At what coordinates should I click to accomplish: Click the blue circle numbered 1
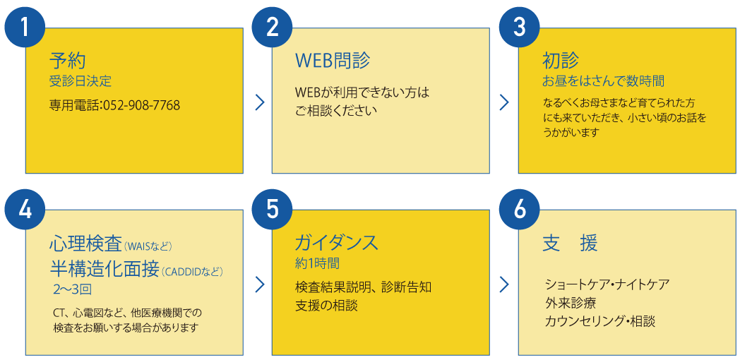pos(25,28)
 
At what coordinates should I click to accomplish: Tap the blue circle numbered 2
pos(273,28)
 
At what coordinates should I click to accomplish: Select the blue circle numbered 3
pos(519,28)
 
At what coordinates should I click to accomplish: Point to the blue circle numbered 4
pos(25,210)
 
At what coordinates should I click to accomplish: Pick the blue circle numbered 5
pos(273,210)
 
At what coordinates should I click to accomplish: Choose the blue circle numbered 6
pos(519,210)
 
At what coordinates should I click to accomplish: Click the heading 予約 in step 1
pos(67,61)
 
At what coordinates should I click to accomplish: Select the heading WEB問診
pos(333,61)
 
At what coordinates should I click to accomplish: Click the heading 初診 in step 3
pos(561,61)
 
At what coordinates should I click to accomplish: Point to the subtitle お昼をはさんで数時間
pos(603,81)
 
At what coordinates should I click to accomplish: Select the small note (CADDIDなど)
pos(192,272)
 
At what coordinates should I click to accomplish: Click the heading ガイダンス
pos(337,243)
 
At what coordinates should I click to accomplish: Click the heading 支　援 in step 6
pos(570,244)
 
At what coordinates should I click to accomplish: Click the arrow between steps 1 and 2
pos(260,102)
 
